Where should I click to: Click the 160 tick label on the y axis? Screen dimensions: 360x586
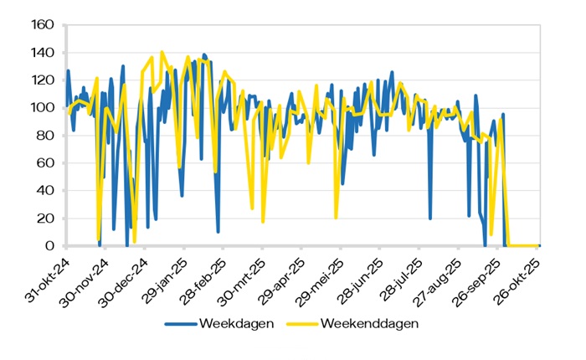pyautogui.click(x=42, y=25)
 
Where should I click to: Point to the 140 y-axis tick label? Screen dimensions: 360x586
pyautogui.click(x=42, y=53)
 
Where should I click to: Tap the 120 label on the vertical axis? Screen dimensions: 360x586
pyautogui.click(x=42, y=80)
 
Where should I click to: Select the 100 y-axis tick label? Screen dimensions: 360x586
pyautogui.click(x=42, y=108)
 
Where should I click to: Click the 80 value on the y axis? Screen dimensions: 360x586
pyautogui.click(x=46, y=136)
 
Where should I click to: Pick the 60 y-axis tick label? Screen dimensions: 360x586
pyautogui.click(x=46, y=163)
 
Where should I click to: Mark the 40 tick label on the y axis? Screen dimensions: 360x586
pyautogui.click(x=46, y=191)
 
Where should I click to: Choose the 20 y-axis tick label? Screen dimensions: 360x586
pyautogui.click(x=46, y=219)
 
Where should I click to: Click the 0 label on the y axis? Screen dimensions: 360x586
pyautogui.click(x=50, y=246)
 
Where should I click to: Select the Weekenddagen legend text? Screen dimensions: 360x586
pyautogui.click(x=369, y=322)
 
